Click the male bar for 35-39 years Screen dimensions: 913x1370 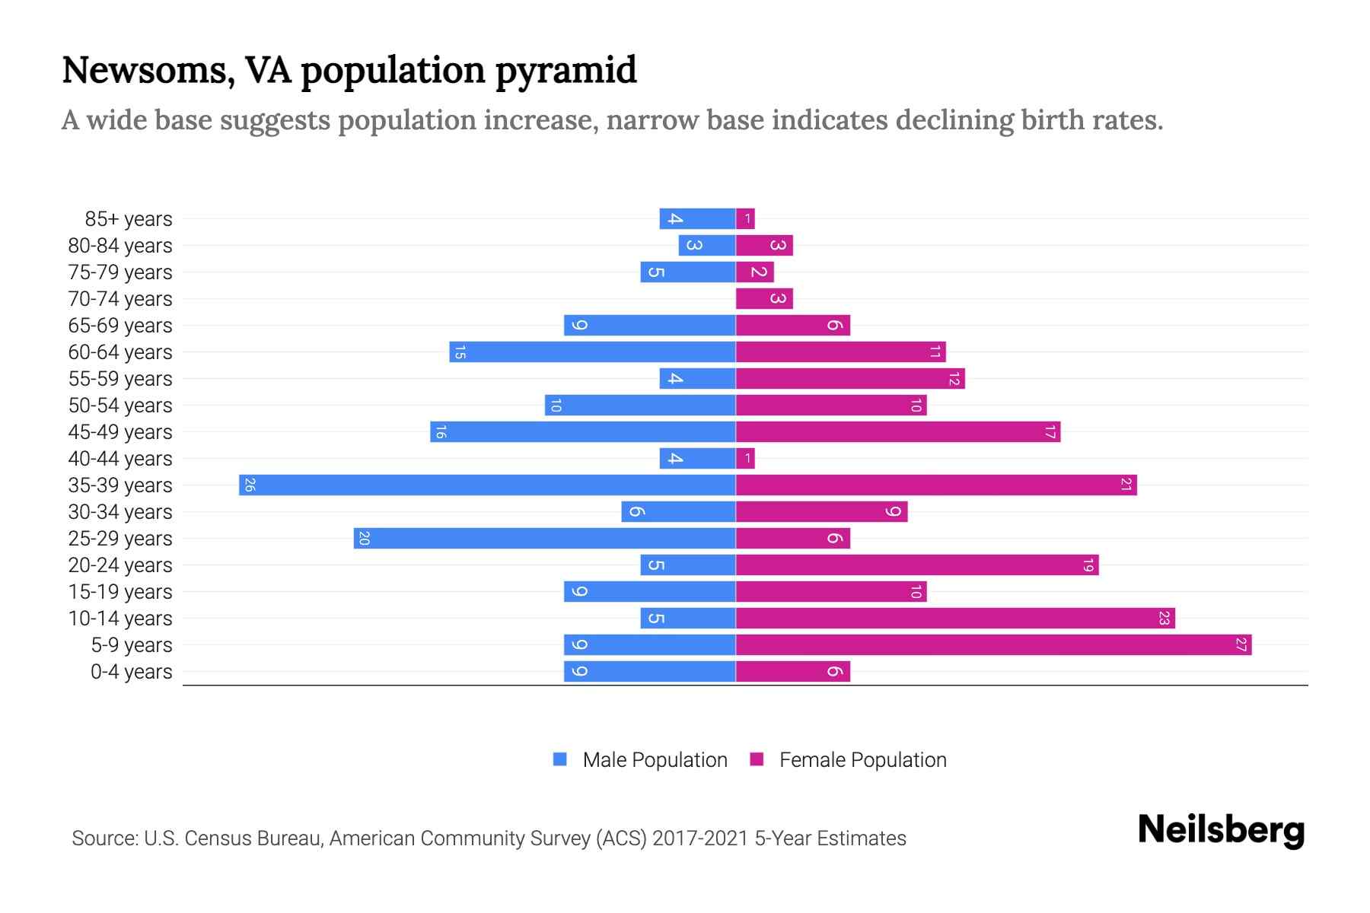pyautogui.click(x=487, y=485)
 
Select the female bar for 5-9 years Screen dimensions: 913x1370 pyautogui.click(x=993, y=644)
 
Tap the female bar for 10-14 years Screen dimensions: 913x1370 pyautogui.click(x=955, y=618)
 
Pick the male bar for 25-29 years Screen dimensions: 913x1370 pyautogui.click(x=544, y=538)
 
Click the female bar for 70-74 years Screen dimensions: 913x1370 pyautogui.click(x=764, y=298)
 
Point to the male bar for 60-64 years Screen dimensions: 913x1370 pyautogui.click(x=592, y=352)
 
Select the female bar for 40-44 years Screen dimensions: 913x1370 pyautogui.click(x=745, y=458)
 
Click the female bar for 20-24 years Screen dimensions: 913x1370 pyautogui.click(x=917, y=565)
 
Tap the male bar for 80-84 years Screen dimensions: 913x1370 pyautogui.click(x=707, y=245)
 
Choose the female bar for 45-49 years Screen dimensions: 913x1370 pyautogui.click(x=898, y=431)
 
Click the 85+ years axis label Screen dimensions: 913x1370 pyautogui.click(x=128, y=219)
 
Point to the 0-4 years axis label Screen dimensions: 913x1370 pyautogui.click(x=131, y=672)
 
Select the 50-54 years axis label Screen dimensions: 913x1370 pyautogui.click(x=120, y=406)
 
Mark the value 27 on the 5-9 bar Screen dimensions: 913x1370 pyautogui.click(x=1241, y=644)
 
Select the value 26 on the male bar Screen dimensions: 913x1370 pyautogui.click(x=250, y=485)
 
